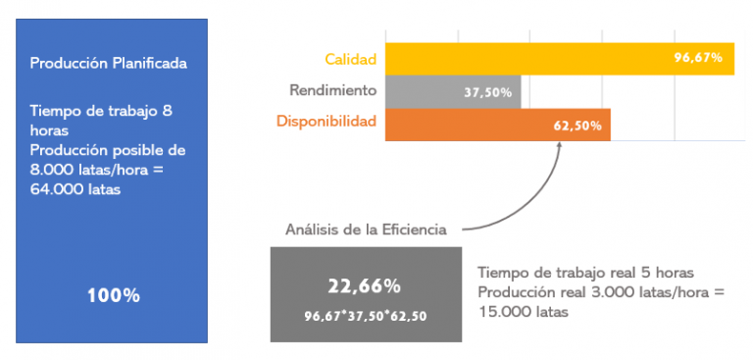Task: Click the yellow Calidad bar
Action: (x=529, y=58)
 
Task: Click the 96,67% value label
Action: (x=698, y=58)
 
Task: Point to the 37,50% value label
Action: (x=485, y=92)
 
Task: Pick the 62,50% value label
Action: (x=577, y=126)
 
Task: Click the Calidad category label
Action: (x=350, y=58)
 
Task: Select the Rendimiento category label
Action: (x=332, y=90)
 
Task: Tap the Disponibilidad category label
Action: (x=325, y=123)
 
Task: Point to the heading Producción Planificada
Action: (x=108, y=64)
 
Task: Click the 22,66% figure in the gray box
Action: (x=364, y=286)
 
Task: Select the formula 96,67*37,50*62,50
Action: (x=364, y=315)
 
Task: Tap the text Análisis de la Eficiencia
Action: (x=366, y=230)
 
